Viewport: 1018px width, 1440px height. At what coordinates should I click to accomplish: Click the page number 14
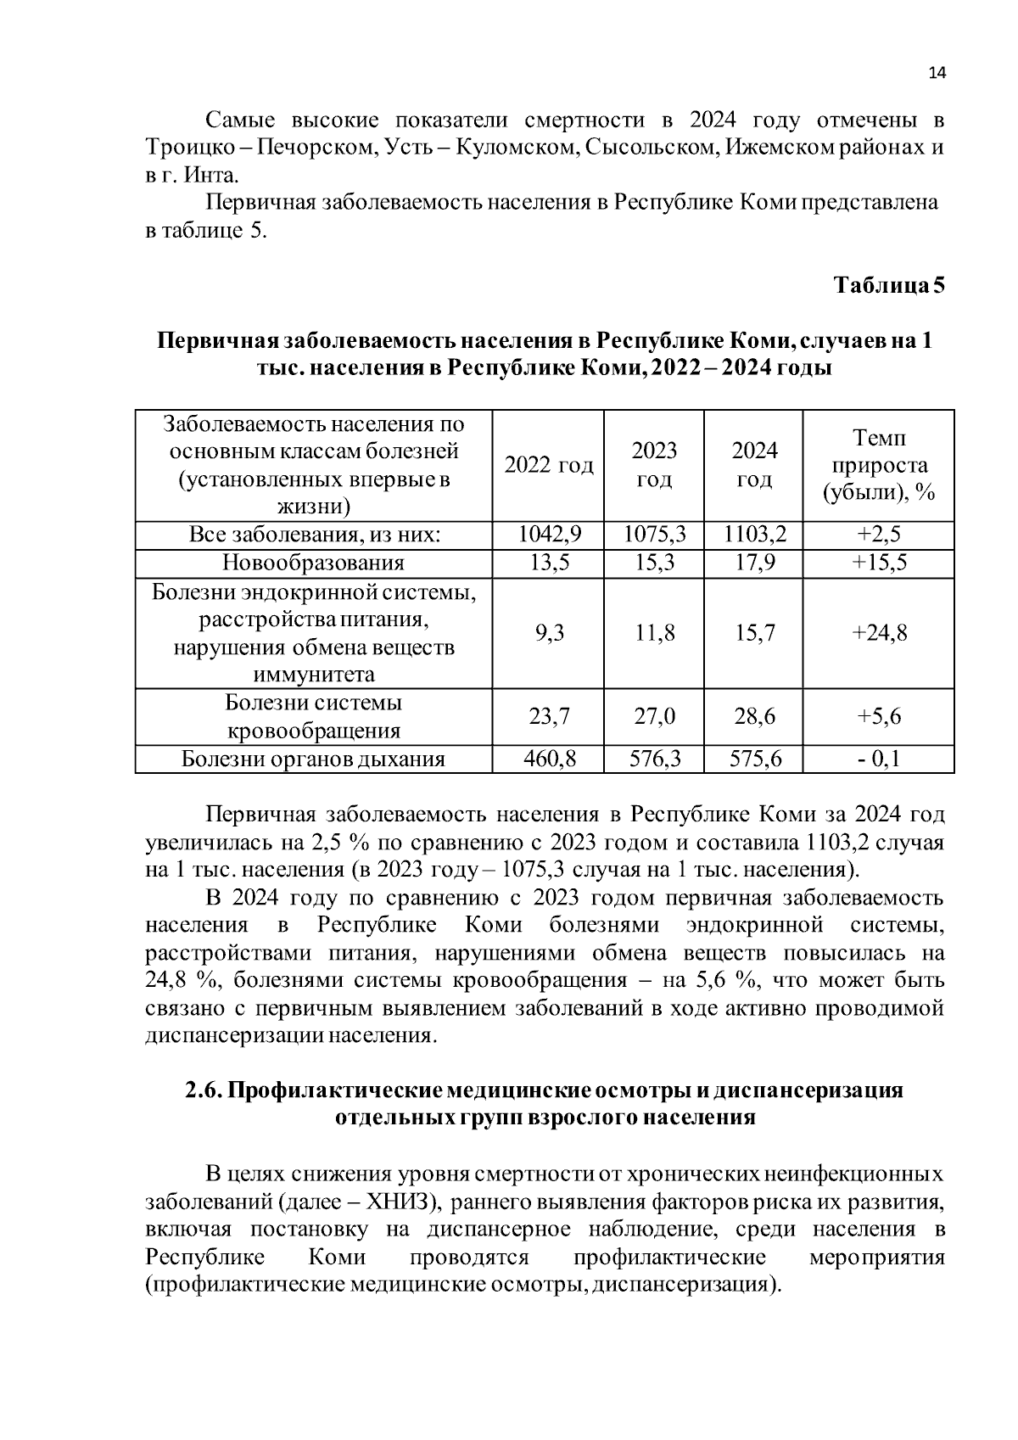point(937,73)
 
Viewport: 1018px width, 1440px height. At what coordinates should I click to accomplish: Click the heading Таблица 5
point(888,285)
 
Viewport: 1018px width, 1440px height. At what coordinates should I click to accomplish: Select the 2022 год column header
point(549,465)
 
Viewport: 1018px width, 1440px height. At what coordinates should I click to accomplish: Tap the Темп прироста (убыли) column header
point(878,465)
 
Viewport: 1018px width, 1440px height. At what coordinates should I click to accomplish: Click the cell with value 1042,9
point(549,535)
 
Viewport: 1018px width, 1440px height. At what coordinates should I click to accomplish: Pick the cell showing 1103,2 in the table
point(754,535)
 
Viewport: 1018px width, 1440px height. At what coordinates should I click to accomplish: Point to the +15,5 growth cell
point(879,563)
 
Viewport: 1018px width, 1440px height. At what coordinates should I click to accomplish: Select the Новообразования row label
point(314,563)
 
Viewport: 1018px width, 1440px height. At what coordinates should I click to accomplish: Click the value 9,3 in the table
point(550,633)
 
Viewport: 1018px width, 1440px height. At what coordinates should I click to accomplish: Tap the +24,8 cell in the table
point(879,633)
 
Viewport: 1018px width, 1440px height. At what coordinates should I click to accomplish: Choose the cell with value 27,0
point(655,716)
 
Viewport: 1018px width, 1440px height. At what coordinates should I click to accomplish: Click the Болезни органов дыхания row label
point(314,759)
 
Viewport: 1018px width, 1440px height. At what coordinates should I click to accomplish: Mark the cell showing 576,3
point(655,759)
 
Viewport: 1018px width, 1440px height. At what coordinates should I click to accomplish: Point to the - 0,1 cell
point(879,759)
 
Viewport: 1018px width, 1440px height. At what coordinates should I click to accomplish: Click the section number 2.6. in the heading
point(203,1090)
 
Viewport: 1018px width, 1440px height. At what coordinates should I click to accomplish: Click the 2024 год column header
point(754,465)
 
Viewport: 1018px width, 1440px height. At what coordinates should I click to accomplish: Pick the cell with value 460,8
point(550,759)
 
